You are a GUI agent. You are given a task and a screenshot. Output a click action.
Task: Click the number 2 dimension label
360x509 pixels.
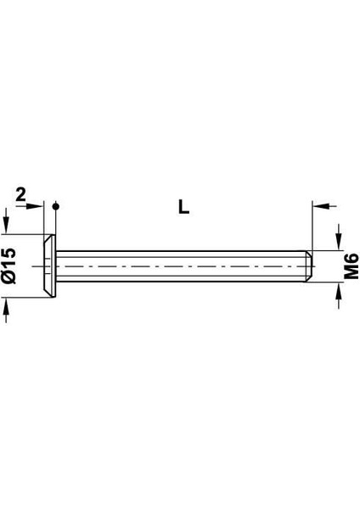[20, 195]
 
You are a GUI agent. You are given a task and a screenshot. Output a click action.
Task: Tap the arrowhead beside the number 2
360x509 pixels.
[35, 206]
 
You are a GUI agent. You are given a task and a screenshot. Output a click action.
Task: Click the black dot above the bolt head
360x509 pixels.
[56, 206]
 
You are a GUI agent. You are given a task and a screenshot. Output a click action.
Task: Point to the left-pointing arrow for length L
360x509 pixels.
[324, 205]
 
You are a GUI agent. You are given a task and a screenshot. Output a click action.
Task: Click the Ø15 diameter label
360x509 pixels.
[9, 266]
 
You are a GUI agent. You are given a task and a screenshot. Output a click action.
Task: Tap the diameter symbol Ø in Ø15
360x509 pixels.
[9, 277]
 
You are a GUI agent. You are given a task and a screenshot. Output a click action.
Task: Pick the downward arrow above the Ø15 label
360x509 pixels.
[6, 221]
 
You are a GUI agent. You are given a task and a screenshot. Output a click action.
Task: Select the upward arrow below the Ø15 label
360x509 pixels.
[6, 310]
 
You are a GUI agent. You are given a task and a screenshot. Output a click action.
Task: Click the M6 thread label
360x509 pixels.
[352, 266]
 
